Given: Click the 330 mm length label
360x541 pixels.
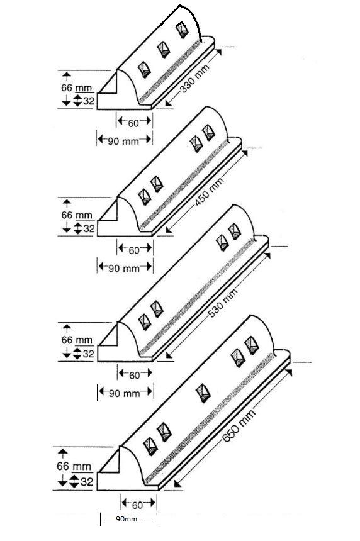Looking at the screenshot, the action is pyautogui.click(x=195, y=79).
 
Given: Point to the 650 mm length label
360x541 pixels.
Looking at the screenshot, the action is pyautogui.click(x=239, y=425).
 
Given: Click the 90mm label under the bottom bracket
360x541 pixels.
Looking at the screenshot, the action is pyautogui.click(x=126, y=519).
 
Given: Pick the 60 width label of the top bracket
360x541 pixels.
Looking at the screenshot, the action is pyautogui.click(x=133, y=123).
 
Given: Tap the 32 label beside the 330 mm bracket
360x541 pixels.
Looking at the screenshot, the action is pyautogui.click(x=89, y=101).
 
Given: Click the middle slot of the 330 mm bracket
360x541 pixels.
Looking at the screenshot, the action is pyautogui.click(x=164, y=50).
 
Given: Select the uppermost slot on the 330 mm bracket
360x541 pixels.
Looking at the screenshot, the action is pyautogui.click(x=182, y=30).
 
